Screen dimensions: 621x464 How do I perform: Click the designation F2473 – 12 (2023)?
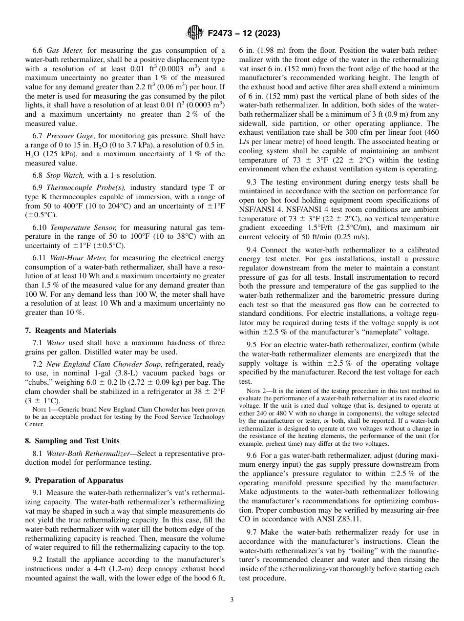click(x=244, y=34)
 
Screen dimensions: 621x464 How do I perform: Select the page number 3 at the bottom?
click(x=232, y=600)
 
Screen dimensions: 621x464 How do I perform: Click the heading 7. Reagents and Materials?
click(x=71, y=331)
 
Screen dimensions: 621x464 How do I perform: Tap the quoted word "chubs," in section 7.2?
click(x=41, y=382)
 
